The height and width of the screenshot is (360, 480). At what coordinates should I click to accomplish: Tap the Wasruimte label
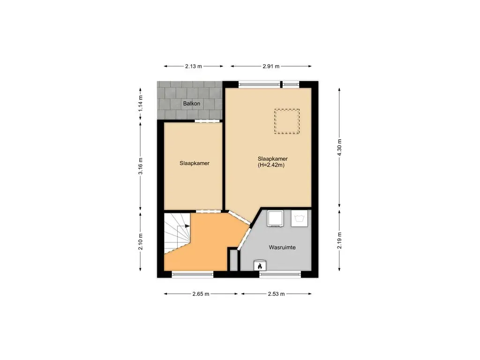tap(282, 247)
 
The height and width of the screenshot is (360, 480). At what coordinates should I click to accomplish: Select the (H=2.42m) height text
tap(272, 165)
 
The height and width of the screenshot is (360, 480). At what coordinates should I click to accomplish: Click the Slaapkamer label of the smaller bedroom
tap(195, 164)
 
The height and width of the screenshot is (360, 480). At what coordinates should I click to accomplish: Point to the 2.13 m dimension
tap(193, 66)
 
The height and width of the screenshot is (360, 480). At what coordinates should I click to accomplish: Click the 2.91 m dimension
tap(271, 66)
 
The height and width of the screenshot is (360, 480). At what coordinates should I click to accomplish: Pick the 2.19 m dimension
tap(340, 240)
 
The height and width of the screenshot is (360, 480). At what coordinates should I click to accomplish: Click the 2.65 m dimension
tap(200, 294)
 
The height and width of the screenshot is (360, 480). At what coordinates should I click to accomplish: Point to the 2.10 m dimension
tap(140, 242)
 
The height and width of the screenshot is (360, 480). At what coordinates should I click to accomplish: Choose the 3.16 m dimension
tap(140, 166)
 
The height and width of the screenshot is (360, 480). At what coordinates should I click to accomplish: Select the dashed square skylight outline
tap(287, 121)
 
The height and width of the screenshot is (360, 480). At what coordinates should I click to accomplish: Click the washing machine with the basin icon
tap(300, 218)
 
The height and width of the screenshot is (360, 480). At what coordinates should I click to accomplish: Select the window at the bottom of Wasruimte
tap(279, 274)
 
